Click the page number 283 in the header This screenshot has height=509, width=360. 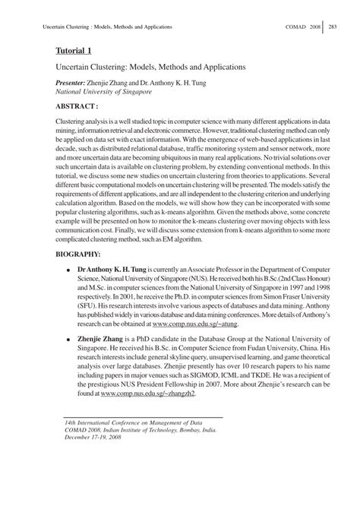click(x=333, y=27)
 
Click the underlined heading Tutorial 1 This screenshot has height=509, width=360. click(x=72, y=52)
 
